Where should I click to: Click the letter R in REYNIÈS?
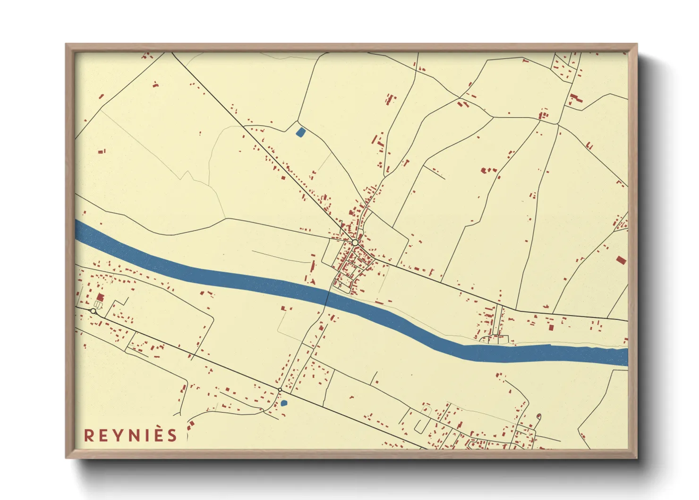89,435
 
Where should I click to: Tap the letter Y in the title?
116,435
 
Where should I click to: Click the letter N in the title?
131,435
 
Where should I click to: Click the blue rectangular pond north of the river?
300,132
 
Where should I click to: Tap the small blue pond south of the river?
284,403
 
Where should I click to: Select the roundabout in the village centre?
355,242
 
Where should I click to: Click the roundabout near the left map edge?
94,311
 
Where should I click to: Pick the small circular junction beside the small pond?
280,390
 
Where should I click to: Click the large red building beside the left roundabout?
100,297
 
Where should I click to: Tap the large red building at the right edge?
621,259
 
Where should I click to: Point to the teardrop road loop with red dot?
539,417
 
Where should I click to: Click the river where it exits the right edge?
623,357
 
